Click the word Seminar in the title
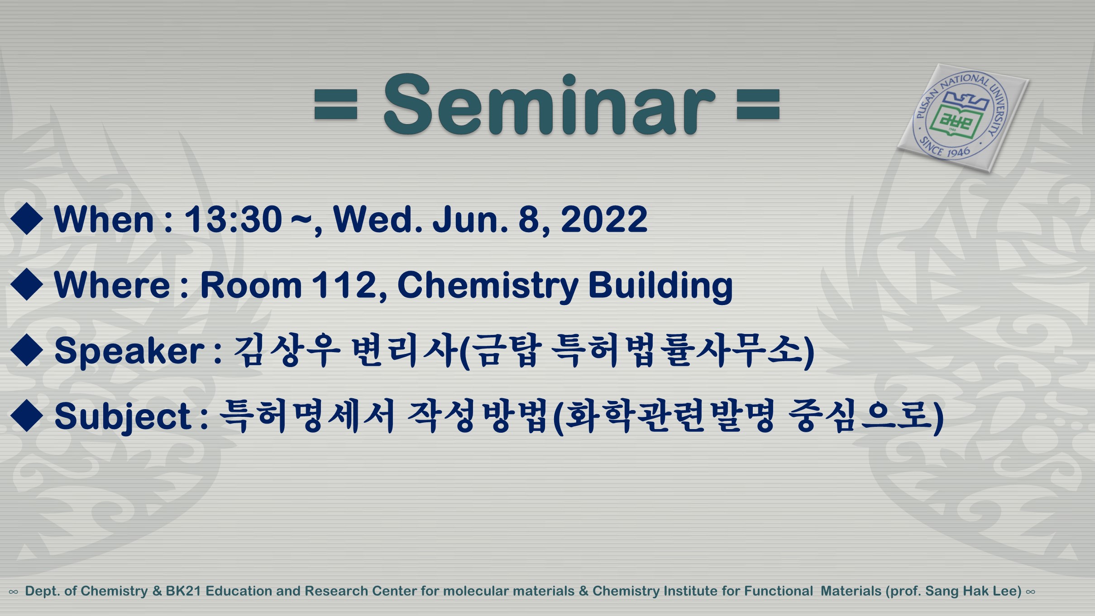pyautogui.click(x=549, y=105)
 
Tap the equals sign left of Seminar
pyautogui.click(x=336, y=105)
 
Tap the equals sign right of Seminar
pyautogui.click(x=758, y=105)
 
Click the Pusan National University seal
pyautogui.click(x=963, y=117)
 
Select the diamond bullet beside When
pyautogui.click(x=27, y=219)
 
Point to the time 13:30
pyautogui.click(x=233, y=220)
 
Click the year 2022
pyautogui.click(x=604, y=220)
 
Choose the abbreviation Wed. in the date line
pyautogui.click(x=378, y=220)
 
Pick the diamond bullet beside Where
pyautogui.click(x=27, y=285)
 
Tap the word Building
pyautogui.click(x=660, y=286)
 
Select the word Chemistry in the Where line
pyautogui.click(x=488, y=286)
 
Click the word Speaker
pyautogui.click(x=129, y=351)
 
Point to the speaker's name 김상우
pyautogui.click(x=287, y=350)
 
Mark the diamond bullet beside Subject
pyautogui.click(x=27, y=415)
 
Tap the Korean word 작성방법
pyautogui.click(x=477, y=415)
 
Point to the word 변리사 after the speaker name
pyautogui.click(x=404, y=350)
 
